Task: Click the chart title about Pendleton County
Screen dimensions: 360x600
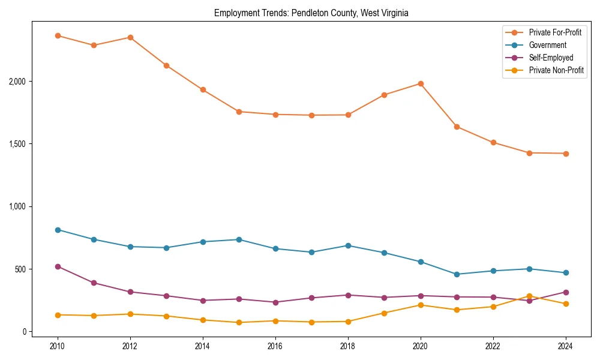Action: coord(311,13)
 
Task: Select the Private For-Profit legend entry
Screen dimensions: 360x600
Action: coord(555,32)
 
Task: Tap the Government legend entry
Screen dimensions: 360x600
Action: coord(547,45)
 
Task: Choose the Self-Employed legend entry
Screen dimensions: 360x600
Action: coord(551,58)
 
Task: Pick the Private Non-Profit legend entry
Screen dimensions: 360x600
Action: coord(556,70)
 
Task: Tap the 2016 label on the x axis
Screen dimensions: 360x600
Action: coord(275,346)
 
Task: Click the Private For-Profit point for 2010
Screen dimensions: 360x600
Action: coord(58,35)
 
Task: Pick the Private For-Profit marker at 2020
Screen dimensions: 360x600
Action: coord(421,83)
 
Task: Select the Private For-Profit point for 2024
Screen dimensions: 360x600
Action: coord(566,154)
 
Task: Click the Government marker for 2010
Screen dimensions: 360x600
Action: coord(58,230)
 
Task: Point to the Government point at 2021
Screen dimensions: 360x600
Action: coord(457,274)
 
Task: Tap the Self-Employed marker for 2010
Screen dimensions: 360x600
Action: coord(58,266)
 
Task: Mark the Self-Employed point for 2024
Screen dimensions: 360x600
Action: coord(566,292)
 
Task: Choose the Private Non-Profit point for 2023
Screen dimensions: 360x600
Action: coord(529,296)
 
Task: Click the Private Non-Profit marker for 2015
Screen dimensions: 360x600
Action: coord(239,322)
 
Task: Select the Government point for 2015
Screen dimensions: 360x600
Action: coord(239,239)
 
